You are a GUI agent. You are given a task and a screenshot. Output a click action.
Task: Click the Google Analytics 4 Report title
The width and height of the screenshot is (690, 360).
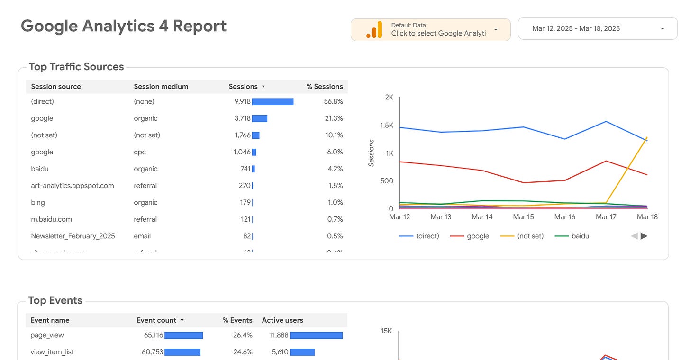[x=124, y=26]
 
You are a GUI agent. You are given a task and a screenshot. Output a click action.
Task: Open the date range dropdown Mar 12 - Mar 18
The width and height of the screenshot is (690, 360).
[x=597, y=29]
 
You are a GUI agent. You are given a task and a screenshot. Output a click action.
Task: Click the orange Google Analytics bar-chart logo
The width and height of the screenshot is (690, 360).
[x=374, y=30]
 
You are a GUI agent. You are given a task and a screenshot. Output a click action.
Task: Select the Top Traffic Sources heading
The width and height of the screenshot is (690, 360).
[x=76, y=67]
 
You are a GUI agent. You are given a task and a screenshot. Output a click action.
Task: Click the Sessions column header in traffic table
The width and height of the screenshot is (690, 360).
[x=243, y=87]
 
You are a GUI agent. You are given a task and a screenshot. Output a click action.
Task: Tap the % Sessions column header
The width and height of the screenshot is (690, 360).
[x=324, y=87]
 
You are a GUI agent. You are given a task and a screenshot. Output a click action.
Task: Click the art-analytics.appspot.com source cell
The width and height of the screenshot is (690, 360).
[x=73, y=186]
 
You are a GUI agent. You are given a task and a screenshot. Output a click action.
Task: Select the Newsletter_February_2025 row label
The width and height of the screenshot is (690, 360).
[x=73, y=236]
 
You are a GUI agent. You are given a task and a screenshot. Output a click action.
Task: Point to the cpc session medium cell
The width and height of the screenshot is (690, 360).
[x=140, y=152]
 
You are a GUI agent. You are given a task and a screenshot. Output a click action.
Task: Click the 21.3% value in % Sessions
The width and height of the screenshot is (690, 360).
[x=334, y=118]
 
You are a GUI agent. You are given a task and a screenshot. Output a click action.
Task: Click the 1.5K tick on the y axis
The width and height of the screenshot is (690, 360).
[x=386, y=126]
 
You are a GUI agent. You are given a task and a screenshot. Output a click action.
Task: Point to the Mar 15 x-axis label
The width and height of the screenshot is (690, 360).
[x=523, y=217]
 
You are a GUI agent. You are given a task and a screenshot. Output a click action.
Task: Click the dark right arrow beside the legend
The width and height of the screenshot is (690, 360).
[x=644, y=236]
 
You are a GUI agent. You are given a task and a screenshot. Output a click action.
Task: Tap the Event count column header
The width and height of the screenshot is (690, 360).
[x=156, y=320]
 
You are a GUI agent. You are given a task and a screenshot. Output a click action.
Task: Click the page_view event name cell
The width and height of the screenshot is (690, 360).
[x=47, y=335]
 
